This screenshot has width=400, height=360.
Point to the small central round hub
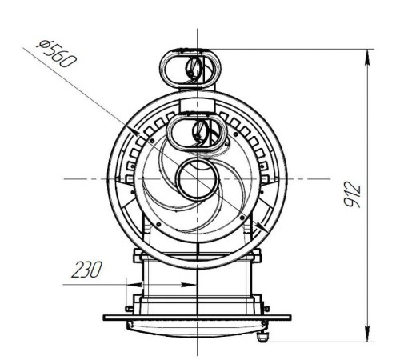[196, 178]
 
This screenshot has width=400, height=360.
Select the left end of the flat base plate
[106, 317]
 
